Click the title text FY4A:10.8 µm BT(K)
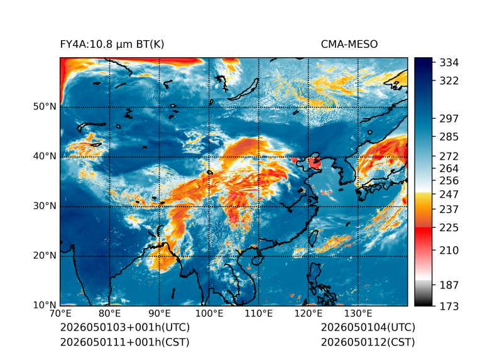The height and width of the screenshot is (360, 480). tap(112, 45)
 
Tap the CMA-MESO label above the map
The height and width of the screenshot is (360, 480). tap(349, 45)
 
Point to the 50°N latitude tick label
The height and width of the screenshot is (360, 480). tap(45, 107)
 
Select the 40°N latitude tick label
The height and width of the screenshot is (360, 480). tap(45, 156)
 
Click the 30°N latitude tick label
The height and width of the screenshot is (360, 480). tap(45, 206)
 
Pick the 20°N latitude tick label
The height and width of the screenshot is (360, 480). tap(45, 256)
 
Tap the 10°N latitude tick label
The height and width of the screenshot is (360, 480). tap(45, 305)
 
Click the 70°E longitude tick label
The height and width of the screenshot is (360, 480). tap(60, 314)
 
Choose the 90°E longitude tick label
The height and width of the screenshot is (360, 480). tap(160, 314)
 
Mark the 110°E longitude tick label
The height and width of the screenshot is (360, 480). tap(259, 314)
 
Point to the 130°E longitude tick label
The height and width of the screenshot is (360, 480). tap(358, 314)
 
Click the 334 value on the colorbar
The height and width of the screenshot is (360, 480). tap(449, 63)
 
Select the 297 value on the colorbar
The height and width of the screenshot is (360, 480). tap(449, 119)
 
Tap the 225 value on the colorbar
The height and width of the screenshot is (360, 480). tap(449, 228)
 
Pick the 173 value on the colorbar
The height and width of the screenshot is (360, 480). tap(449, 306)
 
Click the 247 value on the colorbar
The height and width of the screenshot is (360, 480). tap(449, 194)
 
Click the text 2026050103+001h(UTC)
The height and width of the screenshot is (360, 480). tap(125, 327)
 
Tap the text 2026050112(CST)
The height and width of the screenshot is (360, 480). tap(368, 342)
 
